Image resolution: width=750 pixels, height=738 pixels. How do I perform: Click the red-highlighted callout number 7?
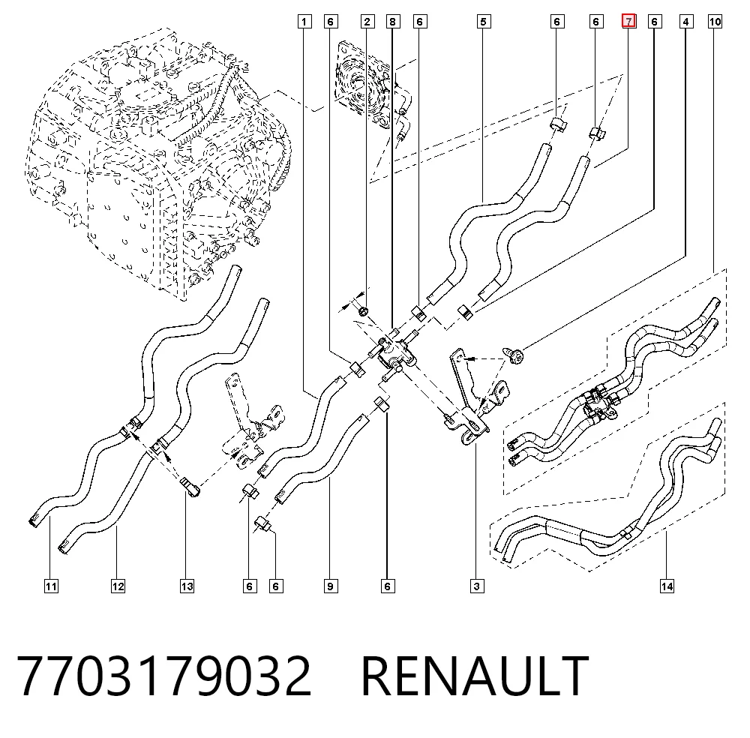click(x=628, y=22)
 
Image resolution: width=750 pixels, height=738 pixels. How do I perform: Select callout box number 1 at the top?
click(x=304, y=22)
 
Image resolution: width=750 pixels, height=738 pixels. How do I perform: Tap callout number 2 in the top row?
click(x=367, y=22)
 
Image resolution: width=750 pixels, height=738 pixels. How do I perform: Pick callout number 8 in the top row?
click(x=393, y=22)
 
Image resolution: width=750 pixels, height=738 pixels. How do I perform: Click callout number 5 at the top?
click(x=484, y=22)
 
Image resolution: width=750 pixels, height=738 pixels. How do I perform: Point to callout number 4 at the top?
click(x=686, y=22)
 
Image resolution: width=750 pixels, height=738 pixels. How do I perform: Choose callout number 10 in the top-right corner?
click(x=715, y=22)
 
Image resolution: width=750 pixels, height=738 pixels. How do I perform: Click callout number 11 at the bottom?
click(x=51, y=586)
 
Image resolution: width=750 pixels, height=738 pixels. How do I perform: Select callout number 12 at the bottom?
click(x=118, y=586)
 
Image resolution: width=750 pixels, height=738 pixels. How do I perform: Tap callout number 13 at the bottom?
click(x=187, y=586)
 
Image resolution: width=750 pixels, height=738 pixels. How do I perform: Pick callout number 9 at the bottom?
click(x=331, y=586)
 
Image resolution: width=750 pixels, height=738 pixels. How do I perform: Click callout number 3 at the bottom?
click(x=476, y=586)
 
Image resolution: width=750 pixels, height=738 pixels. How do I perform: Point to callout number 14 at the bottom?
click(x=667, y=586)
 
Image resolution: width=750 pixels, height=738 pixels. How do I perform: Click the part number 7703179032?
click(x=164, y=676)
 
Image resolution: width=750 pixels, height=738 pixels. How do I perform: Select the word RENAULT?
click(x=475, y=676)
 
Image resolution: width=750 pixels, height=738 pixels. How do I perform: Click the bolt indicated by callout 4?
click(x=512, y=355)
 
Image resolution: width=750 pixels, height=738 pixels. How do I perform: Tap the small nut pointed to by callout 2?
click(x=364, y=312)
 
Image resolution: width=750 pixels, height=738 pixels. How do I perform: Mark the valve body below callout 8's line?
click(x=395, y=356)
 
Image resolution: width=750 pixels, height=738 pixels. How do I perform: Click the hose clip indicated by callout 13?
click(x=190, y=487)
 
